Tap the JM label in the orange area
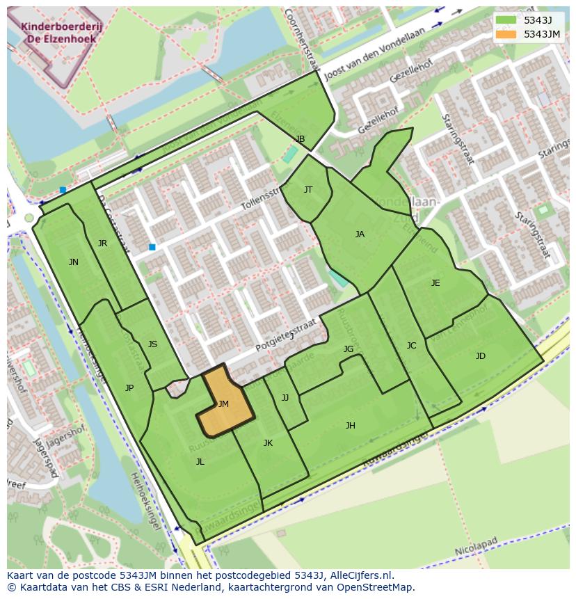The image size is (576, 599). click(223, 404)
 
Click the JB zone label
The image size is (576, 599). click(301, 139)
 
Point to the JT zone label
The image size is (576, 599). click(308, 189)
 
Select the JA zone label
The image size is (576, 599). click(360, 234)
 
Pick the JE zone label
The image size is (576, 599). click(435, 283)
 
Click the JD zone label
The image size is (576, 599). click(481, 356)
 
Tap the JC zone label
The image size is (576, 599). click(411, 346)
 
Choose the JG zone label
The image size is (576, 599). click(349, 349)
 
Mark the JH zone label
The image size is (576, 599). click(351, 426)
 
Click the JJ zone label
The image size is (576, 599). click(285, 398)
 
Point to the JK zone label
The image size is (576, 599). click(268, 443)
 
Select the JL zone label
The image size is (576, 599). click(200, 462)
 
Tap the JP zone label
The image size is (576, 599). click(129, 388)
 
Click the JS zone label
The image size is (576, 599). click(152, 344)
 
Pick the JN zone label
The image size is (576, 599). click(74, 262)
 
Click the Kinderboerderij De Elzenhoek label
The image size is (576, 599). click(58, 33)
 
